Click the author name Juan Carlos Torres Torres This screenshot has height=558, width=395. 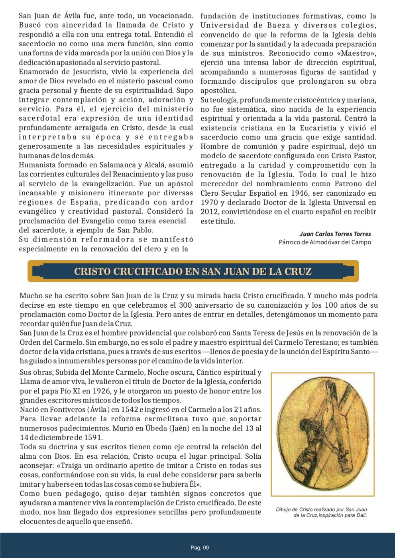335,234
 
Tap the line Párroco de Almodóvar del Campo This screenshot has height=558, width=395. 325,242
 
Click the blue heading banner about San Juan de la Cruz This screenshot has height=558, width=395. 193,271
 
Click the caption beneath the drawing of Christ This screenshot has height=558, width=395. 322,512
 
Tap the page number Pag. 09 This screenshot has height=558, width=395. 199,548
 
